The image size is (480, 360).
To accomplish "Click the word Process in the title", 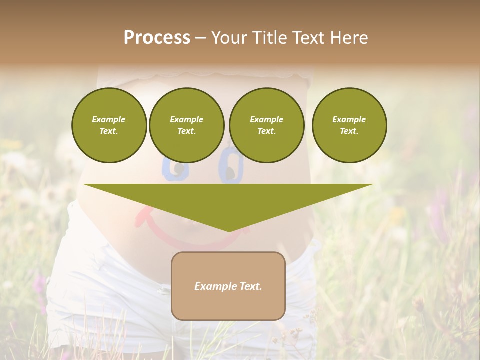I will [157, 38].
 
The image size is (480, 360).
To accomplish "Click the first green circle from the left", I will [109, 125].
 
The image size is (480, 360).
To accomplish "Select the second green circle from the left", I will [186, 125].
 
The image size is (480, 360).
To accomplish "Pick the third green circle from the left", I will [266, 125].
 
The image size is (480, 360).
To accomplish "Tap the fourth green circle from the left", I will [349, 125].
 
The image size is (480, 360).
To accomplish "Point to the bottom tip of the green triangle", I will [229, 231].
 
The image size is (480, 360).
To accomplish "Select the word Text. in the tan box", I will [249, 286].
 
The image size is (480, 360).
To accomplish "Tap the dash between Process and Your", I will [201, 38].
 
